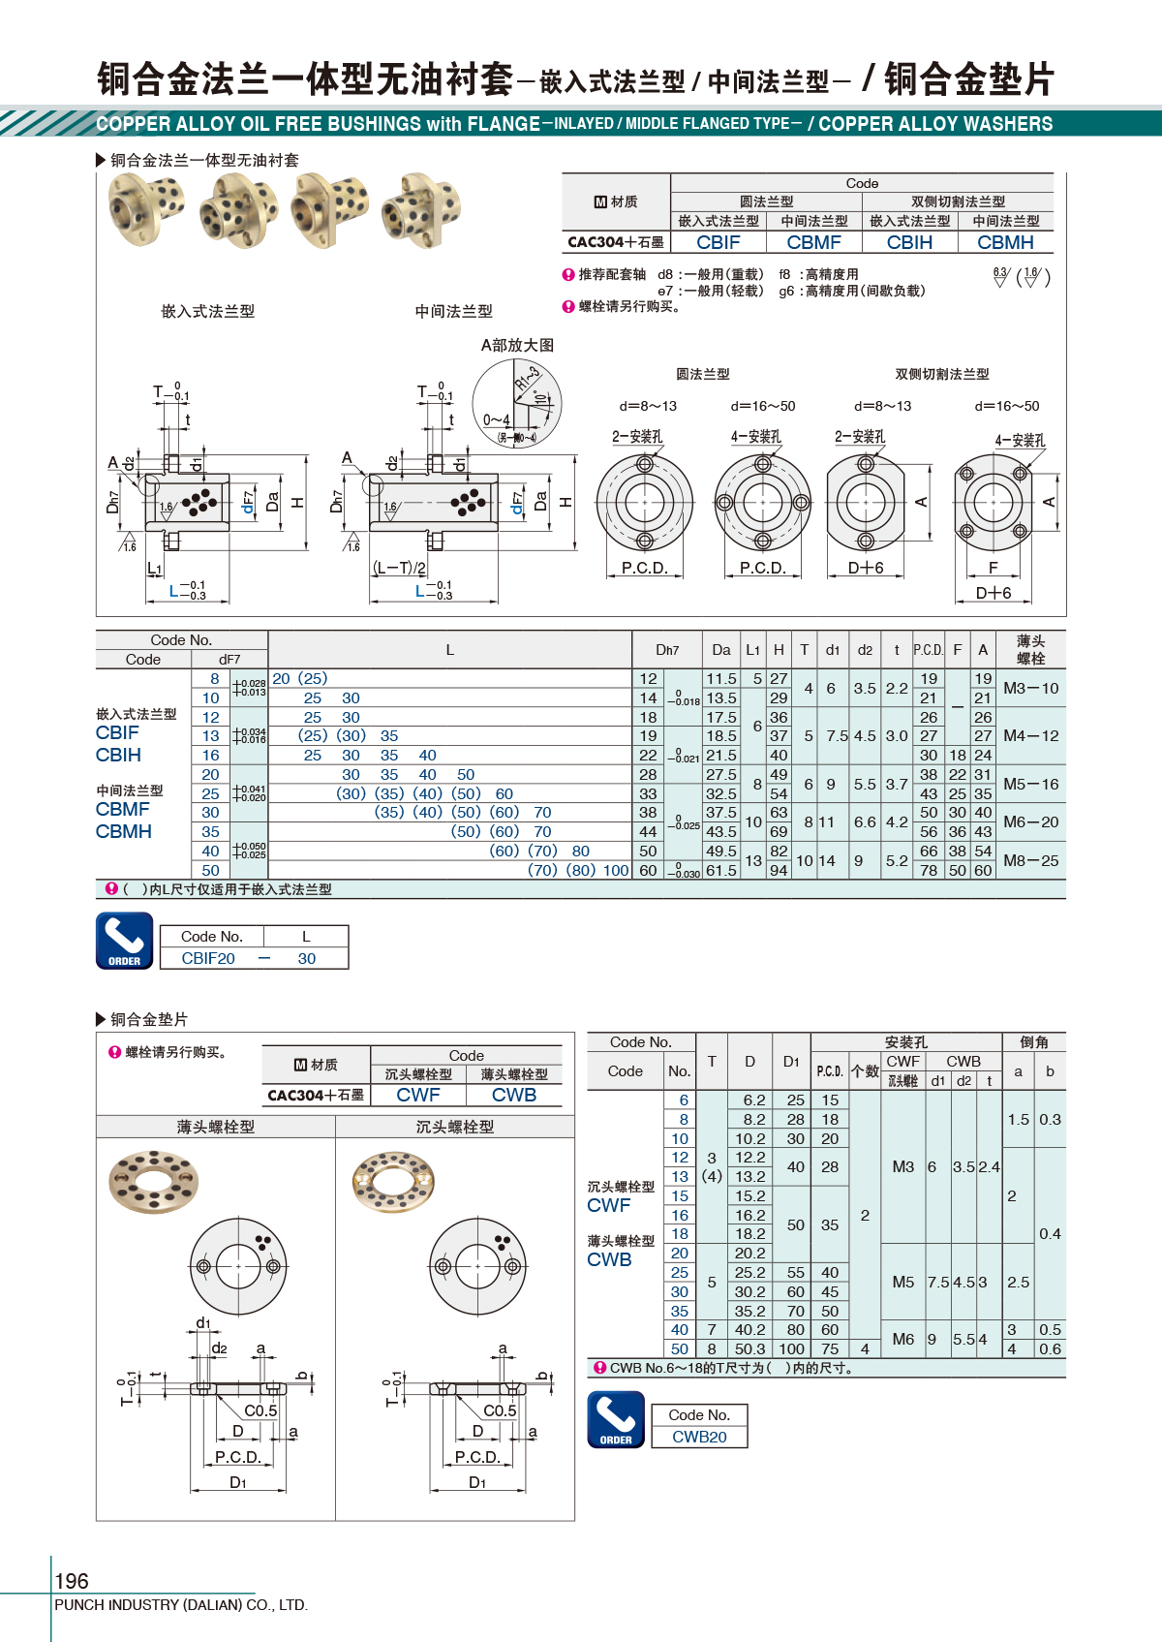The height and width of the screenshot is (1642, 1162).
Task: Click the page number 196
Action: click(x=72, y=1581)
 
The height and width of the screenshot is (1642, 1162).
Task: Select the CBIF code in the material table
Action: click(x=718, y=242)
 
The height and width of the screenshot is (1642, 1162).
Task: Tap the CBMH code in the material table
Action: click(x=1005, y=242)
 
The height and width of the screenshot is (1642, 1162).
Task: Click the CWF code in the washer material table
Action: click(x=418, y=1095)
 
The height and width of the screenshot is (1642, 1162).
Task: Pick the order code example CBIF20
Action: click(x=208, y=958)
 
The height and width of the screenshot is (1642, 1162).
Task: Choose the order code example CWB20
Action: click(x=699, y=1437)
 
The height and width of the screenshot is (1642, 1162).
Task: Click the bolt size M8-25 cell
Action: click(x=1030, y=860)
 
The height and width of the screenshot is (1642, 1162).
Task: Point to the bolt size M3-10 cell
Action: click(x=1030, y=688)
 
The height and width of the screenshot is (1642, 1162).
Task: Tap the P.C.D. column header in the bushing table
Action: click(x=928, y=650)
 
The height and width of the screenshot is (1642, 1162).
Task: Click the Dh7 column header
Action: click(x=667, y=650)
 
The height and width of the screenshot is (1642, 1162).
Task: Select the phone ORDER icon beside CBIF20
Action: click(x=125, y=941)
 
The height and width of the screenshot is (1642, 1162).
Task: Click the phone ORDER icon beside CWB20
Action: click(x=616, y=1419)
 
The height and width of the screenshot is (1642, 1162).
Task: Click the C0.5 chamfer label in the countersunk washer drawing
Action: click(x=500, y=1410)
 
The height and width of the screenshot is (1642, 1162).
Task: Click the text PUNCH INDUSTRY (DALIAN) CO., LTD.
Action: click(x=181, y=1605)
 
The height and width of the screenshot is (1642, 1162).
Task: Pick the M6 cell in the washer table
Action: click(x=902, y=1339)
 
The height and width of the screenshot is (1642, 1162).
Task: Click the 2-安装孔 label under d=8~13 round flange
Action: click(x=637, y=437)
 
